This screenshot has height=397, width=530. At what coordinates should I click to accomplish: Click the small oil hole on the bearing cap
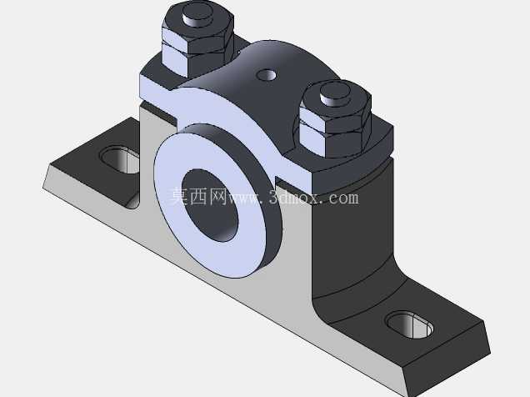point(267,75)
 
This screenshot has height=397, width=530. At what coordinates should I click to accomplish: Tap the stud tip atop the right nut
point(335,93)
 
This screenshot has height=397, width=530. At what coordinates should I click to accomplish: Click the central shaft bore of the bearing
point(210,205)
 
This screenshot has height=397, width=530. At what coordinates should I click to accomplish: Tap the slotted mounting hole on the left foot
point(120,159)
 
